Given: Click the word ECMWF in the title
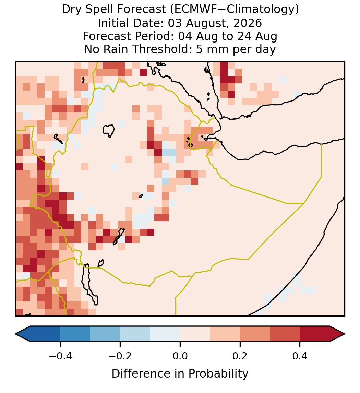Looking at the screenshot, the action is (193, 10).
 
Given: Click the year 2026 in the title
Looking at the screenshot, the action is (248, 23).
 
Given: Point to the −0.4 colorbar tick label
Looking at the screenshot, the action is (60, 356).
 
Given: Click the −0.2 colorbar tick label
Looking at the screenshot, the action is (120, 356).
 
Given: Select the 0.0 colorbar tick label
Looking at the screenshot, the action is (180, 356).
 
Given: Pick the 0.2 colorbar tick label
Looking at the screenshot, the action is (240, 356).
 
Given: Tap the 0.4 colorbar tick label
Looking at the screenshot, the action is (300, 356).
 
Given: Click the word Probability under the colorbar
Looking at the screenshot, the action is (218, 374).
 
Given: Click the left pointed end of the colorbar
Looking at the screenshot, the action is (16, 334).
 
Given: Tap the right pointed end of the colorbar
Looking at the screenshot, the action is (345, 334).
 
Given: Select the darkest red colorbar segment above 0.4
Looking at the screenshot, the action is (315, 334).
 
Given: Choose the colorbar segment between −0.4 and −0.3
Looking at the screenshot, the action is (75, 334).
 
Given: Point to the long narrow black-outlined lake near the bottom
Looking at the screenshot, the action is (89, 284).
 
